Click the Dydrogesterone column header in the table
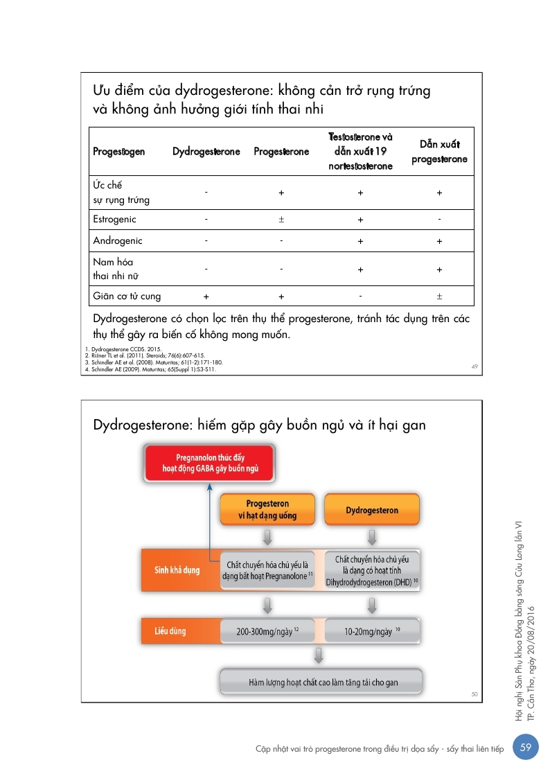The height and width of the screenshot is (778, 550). pyautogui.click(x=206, y=152)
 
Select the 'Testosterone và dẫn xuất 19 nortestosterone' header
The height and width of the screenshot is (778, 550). pyautogui.click(x=360, y=152)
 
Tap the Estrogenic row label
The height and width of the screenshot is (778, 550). pyautogui.click(x=115, y=220)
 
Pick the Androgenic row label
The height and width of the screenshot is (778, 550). pyautogui.click(x=118, y=241)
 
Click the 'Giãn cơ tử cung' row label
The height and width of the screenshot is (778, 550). pyautogui.click(x=127, y=297)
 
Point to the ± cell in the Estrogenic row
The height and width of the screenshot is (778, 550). pyautogui.click(x=281, y=220)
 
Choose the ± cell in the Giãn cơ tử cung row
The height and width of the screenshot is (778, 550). pyautogui.click(x=439, y=297)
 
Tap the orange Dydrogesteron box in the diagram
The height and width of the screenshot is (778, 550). pyautogui.click(x=372, y=511)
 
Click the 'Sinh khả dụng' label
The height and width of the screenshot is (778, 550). pyautogui.click(x=177, y=570)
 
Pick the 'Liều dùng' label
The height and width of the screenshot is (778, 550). pyautogui.click(x=170, y=632)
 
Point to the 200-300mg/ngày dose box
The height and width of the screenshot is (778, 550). pyautogui.click(x=267, y=632)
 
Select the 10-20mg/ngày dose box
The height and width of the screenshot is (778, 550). pyautogui.click(x=371, y=632)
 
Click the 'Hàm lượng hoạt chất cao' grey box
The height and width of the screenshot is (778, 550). pyautogui.click(x=320, y=682)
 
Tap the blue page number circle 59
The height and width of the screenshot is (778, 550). pyautogui.click(x=526, y=747)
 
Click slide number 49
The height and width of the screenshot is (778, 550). pyautogui.click(x=474, y=366)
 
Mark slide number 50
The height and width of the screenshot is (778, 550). pyautogui.click(x=474, y=693)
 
